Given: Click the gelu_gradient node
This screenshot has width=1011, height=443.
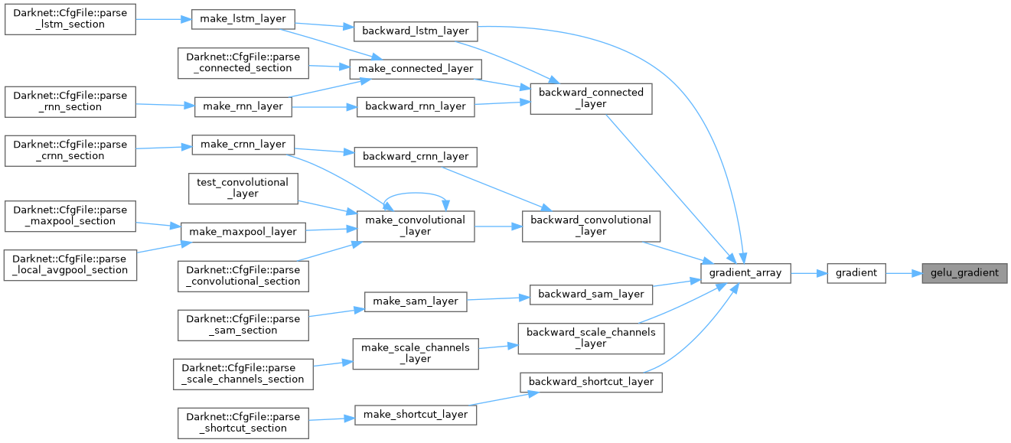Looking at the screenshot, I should click(964, 272).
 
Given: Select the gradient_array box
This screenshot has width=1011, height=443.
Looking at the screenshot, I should click(746, 272).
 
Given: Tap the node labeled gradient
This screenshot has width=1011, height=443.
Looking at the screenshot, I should click(856, 272).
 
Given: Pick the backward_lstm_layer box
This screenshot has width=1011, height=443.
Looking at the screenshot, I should click(416, 31).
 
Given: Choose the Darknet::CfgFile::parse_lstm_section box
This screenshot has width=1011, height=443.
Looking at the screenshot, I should click(70, 18).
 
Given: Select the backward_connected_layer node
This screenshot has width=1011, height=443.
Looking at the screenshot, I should click(591, 98).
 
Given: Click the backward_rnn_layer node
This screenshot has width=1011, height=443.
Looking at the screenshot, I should click(416, 106).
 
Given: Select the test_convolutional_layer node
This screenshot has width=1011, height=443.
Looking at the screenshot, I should click(243, 187).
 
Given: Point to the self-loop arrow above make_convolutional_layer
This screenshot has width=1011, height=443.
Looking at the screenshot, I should click(416, 194).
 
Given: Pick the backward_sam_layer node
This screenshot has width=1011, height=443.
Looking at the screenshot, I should click(592, 294).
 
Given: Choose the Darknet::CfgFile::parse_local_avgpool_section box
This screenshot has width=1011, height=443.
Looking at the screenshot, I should click(70, 264).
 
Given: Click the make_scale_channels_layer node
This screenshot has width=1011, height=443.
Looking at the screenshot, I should click(416, 353).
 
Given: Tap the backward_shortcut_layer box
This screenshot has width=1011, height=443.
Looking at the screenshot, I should click(590, 382).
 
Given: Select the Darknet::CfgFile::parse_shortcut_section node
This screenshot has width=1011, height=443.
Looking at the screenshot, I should click(243, 422).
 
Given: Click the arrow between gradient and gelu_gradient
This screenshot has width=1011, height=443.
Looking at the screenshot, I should click(903, 272).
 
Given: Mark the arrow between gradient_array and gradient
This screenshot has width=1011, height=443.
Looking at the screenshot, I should click(808, 272).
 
